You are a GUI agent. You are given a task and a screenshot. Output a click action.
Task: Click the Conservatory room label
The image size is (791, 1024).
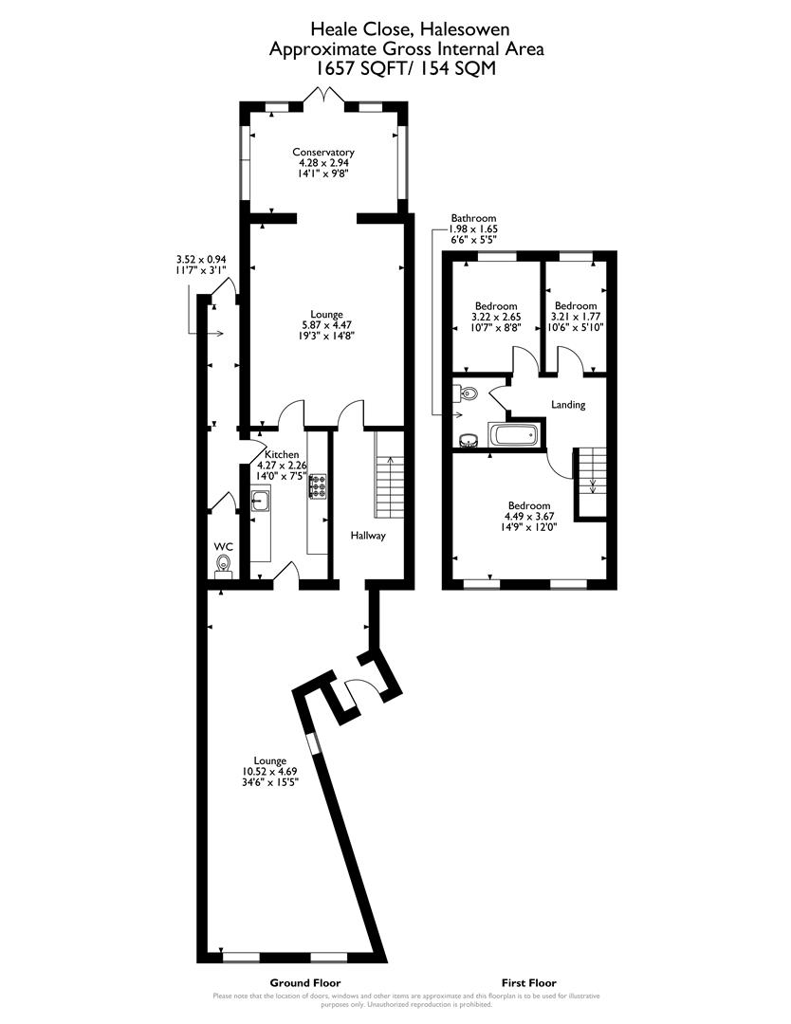(x=322, y=152)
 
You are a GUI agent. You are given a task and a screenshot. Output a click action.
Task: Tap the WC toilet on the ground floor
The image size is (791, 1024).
(x=224, y=566)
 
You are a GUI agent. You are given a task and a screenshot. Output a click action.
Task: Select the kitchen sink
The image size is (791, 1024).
(x=261, y=502)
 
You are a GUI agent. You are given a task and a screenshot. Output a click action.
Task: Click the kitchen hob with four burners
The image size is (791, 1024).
(x=317, y=486)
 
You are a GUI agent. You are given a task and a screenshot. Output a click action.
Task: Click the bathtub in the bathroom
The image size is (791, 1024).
(x=513, y=436)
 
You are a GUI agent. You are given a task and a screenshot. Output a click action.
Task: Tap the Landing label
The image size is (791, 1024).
(x=568, y=405)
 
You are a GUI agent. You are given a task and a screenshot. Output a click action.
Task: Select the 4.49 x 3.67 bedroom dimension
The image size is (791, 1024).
(x=528, y=517)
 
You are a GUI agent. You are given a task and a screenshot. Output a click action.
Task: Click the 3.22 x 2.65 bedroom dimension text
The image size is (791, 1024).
(x=496, y=317)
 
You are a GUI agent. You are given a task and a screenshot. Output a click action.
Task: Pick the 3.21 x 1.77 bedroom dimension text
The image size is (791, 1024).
(x=576, y=317)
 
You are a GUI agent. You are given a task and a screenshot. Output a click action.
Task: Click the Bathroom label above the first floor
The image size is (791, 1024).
(x=473, y=218)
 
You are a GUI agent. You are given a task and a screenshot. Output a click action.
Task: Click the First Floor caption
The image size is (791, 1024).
(x=528, y=983)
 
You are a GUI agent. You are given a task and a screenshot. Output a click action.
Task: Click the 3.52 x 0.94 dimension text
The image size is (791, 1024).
(x=199, y=259)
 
